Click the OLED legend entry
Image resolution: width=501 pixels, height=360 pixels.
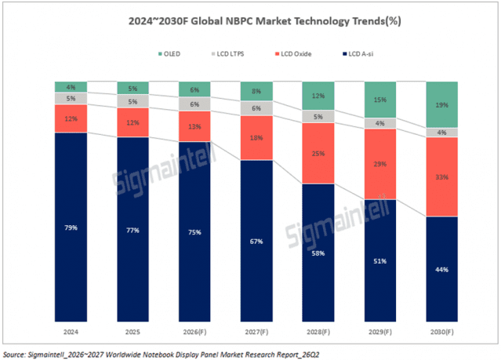pyautogui.click(x=169, y=53)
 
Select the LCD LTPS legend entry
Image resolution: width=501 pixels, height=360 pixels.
pyautogui.click(x=228, y=53)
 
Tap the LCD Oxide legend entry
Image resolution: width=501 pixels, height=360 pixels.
pyautogui.click(x=293, y=53)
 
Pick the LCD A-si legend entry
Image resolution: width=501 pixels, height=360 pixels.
pyautogui.click(x=358, y=53)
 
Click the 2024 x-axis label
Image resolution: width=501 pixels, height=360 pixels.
pyautogui.click(x=71, y=332)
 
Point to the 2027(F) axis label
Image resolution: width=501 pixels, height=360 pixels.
pyautogui.click(x=256, y=332)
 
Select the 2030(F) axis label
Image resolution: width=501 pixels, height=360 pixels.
pyautogui.click(x=442, y=332)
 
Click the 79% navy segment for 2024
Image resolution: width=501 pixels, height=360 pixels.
pyautogui.click(x=71, y=227)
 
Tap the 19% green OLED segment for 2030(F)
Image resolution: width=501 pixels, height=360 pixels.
pyautogui.click(x=442, y=104)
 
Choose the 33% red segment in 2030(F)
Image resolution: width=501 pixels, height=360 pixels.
pyautogui.click(x=442, y=176)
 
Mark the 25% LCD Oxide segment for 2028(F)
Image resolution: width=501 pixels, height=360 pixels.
pyautogui.click(x=318, y=154)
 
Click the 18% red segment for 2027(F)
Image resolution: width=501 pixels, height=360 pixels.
pyautogui.click(x=256, y=138)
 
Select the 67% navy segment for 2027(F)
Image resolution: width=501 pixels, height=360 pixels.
pyautogui.click(x=256, y=241)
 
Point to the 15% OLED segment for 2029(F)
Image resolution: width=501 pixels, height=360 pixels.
pyautogui.click(x=380, y=100)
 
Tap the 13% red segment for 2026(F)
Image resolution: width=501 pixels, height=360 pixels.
pyautogui.click(x=194, y=126)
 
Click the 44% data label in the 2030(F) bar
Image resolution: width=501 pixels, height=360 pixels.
pyautogui.click(x=442, y=270)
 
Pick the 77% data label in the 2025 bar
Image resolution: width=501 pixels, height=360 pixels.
pyautogui.click(x=133, y=230)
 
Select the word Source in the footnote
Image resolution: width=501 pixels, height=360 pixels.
pyautogui.click(x=14, y=355)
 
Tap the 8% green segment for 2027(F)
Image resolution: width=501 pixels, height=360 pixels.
pyautogui.click(x=256, y=92)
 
